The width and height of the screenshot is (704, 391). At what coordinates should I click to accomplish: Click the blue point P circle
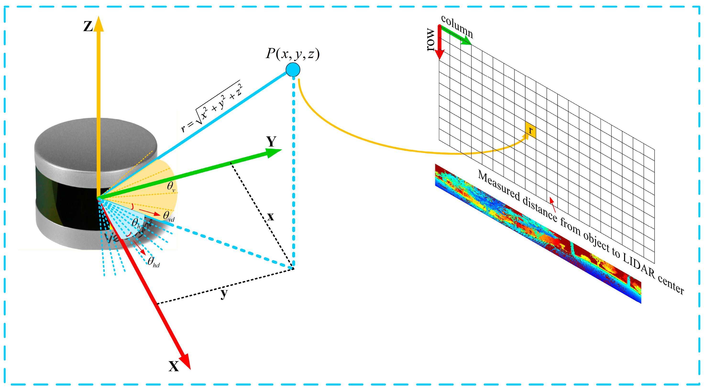coord(293,70)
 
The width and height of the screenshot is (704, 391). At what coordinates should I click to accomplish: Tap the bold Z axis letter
coord(88,27)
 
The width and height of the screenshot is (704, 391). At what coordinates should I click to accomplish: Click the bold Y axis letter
coord(271,141)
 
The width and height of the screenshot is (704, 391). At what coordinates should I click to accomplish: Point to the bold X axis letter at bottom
coord(174,366)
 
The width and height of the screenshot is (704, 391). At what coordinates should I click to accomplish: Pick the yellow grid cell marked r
coord(530,130)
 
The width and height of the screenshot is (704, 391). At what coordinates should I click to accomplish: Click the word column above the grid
coord(457,27)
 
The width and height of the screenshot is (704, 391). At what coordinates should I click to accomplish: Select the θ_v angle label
coord(171,186)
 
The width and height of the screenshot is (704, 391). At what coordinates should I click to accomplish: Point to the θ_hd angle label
coord(153,262)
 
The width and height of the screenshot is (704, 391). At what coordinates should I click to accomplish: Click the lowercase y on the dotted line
coord(224,294)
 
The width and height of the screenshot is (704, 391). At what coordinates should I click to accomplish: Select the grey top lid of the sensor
coord(96,142)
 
